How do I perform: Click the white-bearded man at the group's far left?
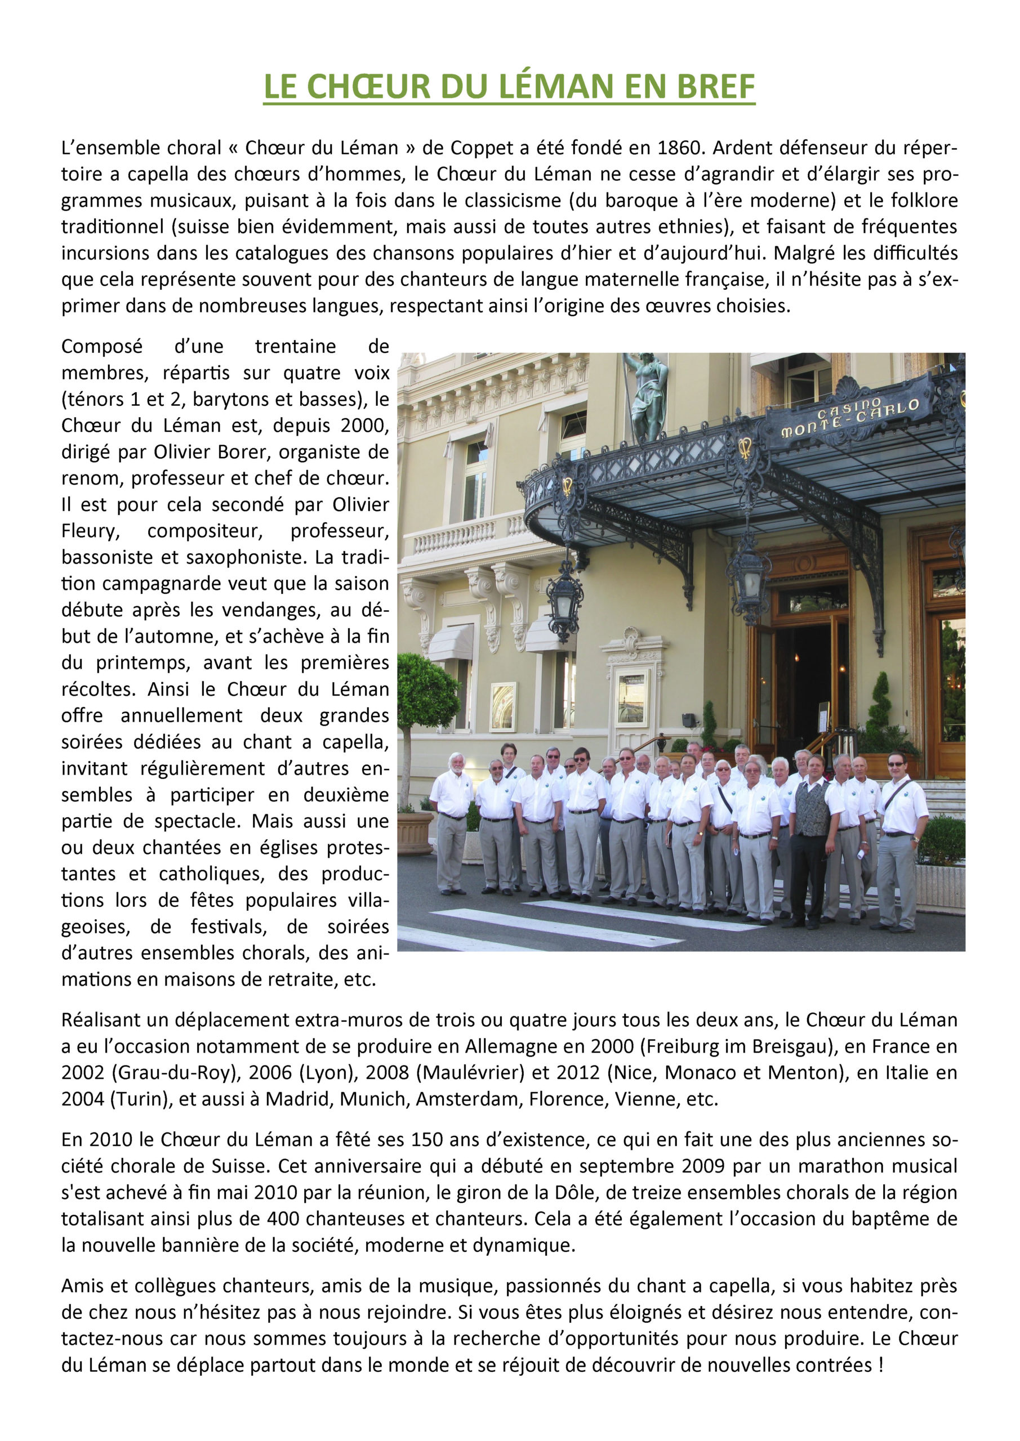pyautogui.click(x=451, y=816)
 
